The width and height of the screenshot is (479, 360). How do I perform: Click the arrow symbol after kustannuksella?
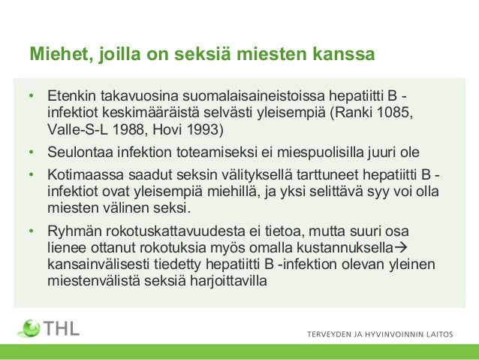coord(399,248)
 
